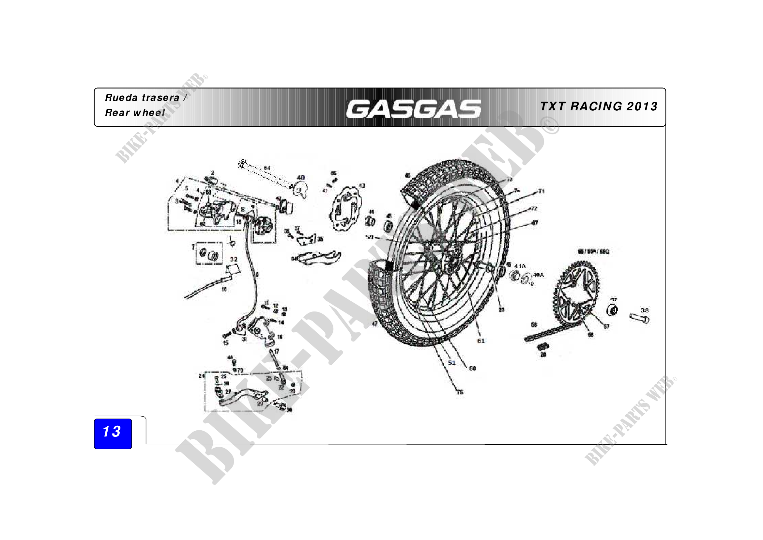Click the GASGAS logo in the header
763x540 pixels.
tap(413, 109)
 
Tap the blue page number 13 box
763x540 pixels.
tap(113, 433)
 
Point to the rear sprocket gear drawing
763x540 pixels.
tap(576, 293)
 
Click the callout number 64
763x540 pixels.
tap(267, 168)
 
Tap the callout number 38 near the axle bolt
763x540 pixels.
tap(644, 310)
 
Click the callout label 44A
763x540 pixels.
tap(520, 266)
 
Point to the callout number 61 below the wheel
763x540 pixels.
tap(481, 341)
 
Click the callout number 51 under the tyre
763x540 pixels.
tap(451, 362)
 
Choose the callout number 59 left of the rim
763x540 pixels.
tap(370, 237)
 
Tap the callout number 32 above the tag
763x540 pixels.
tap(234, 259)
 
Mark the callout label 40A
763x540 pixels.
tap(538, 275)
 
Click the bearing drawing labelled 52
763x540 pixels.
tap(613, 310)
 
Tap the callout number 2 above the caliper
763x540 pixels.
tap(213, 173)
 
